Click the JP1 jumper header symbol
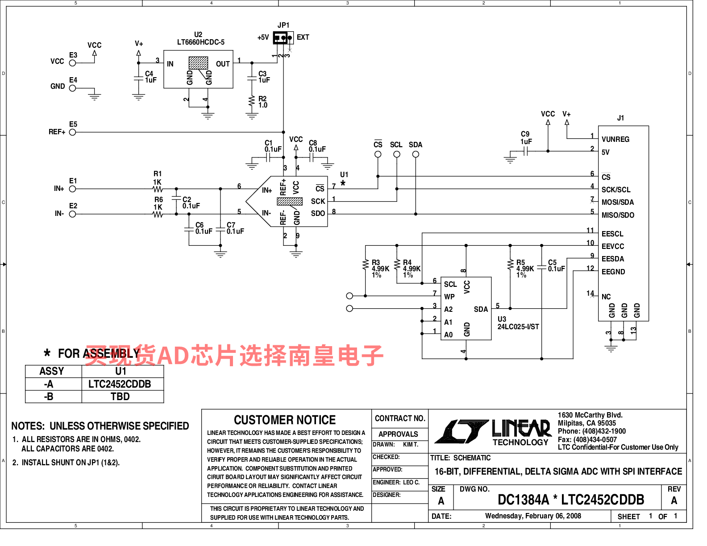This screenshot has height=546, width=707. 283,38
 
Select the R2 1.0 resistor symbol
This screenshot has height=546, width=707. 252,101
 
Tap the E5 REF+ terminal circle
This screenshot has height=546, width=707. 73,132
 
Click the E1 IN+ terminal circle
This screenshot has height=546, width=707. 73,189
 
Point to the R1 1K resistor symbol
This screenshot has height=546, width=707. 158,189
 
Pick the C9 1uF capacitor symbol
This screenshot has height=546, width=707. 526,151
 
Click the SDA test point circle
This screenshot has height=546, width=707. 416,154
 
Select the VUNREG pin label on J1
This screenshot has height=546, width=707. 615,140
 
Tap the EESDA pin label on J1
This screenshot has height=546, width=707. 613,259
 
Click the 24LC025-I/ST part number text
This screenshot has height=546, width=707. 518,327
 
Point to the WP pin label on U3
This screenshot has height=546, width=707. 449,297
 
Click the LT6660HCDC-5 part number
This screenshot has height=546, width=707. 200,42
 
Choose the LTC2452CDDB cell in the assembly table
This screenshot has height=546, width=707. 120,384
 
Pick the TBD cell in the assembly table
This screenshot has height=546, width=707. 120,397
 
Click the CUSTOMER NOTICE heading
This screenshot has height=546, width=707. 285,420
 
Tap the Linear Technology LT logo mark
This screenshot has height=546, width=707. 462,431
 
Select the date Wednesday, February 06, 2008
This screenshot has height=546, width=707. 533,516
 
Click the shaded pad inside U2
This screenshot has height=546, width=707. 199,63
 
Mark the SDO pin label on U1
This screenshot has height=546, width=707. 318,214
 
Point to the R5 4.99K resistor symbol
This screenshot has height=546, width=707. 510,265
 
